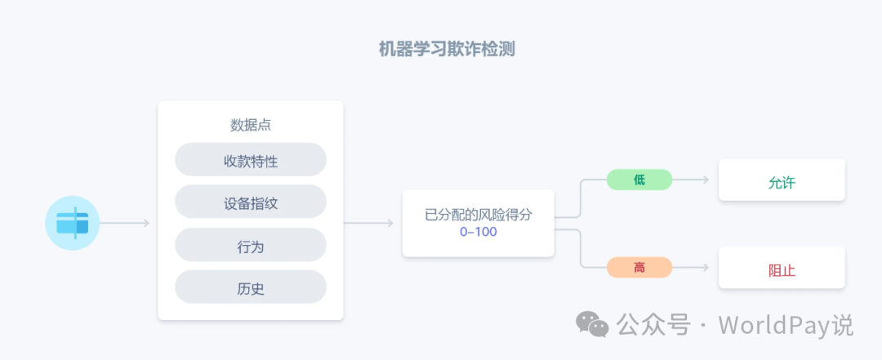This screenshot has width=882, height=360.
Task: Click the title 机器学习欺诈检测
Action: (446, 49)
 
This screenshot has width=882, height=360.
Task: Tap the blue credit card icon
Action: (73, 222)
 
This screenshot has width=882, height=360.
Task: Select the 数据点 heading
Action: (251, 125)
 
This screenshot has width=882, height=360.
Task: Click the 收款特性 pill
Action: (251, 161)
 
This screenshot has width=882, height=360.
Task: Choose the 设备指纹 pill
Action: (251, 202)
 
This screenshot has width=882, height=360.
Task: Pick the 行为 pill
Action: (251, 245)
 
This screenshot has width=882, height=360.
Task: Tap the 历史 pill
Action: (251, 287)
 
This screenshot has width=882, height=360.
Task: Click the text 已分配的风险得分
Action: (478, 216)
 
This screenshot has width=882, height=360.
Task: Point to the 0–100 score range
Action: (478, 232)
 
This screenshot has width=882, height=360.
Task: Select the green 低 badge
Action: (639, 180)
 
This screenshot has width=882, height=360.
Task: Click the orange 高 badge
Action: (639, 267)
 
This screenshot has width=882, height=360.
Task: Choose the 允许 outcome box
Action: (782, 182)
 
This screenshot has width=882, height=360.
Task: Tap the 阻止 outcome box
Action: (782, 269)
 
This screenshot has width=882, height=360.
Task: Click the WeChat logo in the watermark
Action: (592, 325)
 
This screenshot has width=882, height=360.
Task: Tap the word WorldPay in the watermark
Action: (776, 325)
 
